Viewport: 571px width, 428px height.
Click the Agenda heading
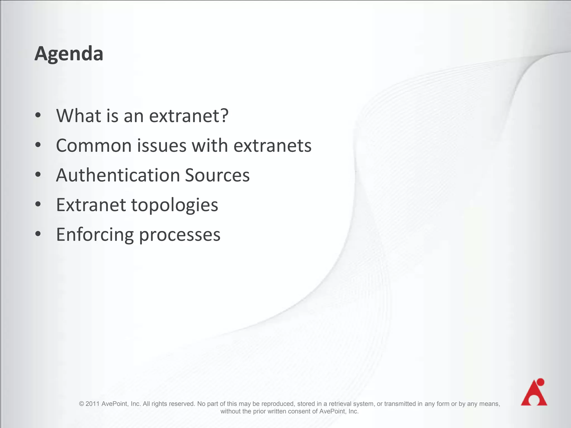pos(69,53)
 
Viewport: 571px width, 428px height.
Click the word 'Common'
pos(94,145)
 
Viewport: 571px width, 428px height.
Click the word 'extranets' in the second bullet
pos(272,145)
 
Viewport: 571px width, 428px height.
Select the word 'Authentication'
pos(118,175)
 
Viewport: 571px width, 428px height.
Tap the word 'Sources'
pos(217,175)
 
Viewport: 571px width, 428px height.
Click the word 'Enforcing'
pos(95,235)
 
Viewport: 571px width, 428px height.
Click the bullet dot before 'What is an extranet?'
pos(38,115)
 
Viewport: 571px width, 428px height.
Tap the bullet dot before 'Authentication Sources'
pos(38,175)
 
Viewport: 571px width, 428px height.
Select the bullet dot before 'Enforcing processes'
pos(38,234)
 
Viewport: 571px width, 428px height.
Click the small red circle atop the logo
pos(540,382)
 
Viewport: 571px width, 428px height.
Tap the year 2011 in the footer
pos(92,404)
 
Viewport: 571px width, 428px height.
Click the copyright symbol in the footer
pos(81,404)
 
